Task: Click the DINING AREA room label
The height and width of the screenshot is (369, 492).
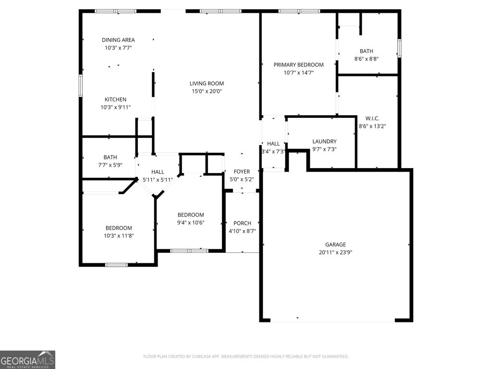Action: pyautogui.click(x=118, y=40)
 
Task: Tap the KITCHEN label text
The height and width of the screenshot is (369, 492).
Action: pyautogui.click(x=116, y=99)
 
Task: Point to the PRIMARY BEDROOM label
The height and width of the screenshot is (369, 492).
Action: pyautogui.click(x=298, y=64)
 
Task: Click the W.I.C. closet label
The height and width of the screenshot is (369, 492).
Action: pyautogui.click(x=372, y=118)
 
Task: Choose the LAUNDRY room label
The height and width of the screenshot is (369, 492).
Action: pyautogui.click(x=324, y=141)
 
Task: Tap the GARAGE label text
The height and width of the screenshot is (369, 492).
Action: pyautogui.click(x=335, y=245)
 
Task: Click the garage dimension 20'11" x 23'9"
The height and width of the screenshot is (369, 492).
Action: pyautogui.click(x=335, y=252)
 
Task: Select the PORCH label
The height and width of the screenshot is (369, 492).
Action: pyautogui.click(x=242, y=223)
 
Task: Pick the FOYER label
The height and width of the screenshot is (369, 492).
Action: pyautogui.click(x=242, y=172)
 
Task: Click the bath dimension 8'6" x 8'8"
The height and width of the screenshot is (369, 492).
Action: pyautogui.click(x=366, y=59)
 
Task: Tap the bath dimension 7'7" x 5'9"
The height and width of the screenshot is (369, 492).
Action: pyautogui.click(x=110, y=165)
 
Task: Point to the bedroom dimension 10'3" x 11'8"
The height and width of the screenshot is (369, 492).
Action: pyautogui.click(x=119, y=236)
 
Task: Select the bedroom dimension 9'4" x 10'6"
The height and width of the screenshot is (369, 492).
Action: pyautogui.click(x=191, y=222)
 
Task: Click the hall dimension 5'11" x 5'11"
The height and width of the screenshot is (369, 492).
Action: pyautogui.click(x=158, y=180)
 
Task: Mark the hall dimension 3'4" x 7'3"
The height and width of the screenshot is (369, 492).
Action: pyautogui.click(x=273, y=151)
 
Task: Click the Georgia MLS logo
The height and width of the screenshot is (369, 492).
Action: pyautogui.click(x=27, y=359)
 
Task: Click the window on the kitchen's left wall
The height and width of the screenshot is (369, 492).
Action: pyautogui.click(x=81, y=86)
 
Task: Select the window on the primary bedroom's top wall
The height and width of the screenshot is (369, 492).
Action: pyautogui.click(x=299, y=11)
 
